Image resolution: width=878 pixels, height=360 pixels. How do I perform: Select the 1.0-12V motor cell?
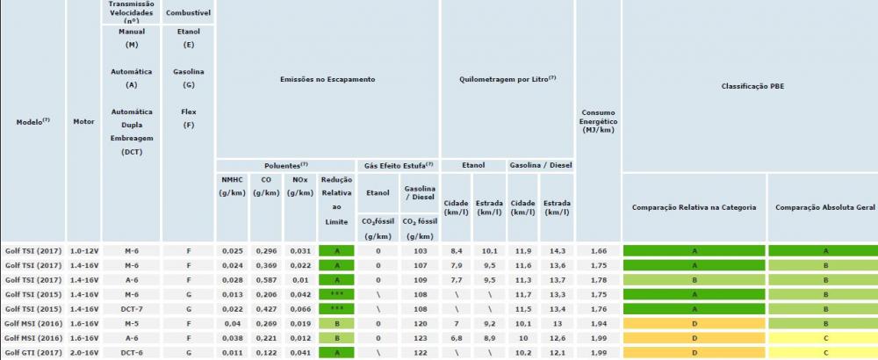tap(83, 250)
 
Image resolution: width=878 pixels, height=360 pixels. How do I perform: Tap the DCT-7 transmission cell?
tap(132, 308)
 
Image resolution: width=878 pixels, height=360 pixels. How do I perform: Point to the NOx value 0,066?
tap(299, 308)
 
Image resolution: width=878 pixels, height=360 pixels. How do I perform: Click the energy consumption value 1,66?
tap(597, 250)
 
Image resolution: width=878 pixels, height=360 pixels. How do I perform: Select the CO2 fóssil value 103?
tap(418, 250)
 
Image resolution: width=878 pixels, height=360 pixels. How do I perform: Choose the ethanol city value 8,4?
tap(456, 250)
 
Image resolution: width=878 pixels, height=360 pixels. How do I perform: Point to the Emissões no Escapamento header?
tap(327, 79)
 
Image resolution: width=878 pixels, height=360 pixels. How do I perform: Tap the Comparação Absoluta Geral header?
tap(822, 207)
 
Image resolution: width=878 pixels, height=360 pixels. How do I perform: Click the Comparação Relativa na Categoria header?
tap(694, 207)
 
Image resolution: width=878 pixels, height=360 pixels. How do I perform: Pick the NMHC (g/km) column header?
tap(233, 185)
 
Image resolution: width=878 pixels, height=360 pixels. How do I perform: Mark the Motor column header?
tap(83, 121)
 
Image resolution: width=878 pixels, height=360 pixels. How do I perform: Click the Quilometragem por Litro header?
tap(507, 79)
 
